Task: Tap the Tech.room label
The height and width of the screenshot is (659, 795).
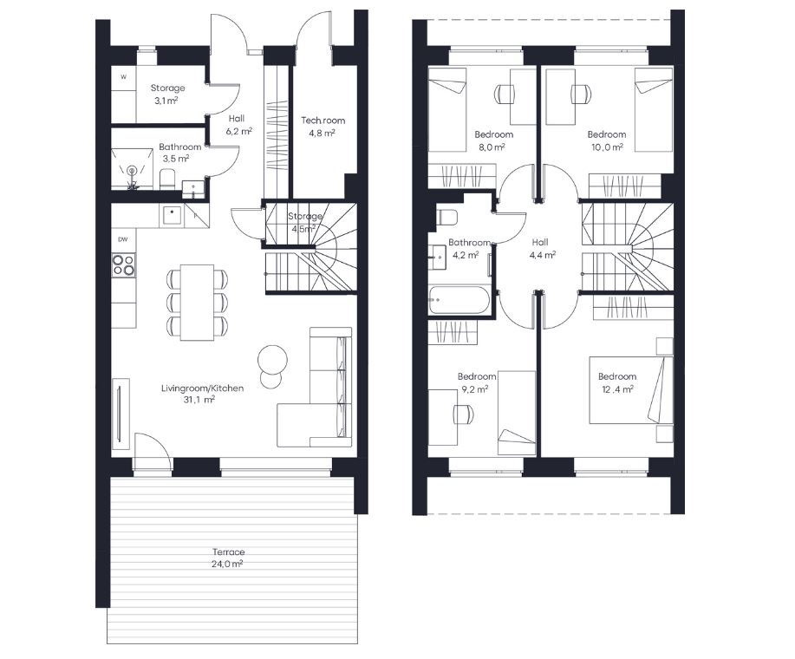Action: pos(323,121)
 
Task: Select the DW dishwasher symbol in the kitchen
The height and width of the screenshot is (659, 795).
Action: pos(123,240)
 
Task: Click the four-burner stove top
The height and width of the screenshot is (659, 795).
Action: pos(124,265)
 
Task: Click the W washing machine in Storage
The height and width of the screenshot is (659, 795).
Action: pos(123,77)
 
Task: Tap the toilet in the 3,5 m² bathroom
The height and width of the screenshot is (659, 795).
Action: pos(167,179)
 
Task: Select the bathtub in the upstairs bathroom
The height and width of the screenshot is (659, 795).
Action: pos(459,300)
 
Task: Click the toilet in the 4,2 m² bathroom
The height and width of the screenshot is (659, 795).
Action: pos(446,218)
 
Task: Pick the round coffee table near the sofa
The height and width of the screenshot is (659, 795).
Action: pos(272,360)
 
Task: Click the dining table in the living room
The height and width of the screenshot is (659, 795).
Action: pos(197,302)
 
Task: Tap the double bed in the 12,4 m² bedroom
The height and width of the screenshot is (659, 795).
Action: pos(631,390)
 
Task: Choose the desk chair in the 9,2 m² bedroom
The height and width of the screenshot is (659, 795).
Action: pos(464,414)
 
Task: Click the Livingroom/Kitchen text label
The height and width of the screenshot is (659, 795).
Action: pos(202,388)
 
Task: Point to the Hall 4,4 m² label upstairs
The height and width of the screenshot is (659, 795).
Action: pos(542,248)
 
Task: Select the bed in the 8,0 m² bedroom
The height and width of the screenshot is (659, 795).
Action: pos(447,109)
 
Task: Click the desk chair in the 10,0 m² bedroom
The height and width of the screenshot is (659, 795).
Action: pos(581,94)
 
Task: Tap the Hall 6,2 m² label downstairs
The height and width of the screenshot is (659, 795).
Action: pos(238,125)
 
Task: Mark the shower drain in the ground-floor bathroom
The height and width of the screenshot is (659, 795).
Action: pos(133,170)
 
